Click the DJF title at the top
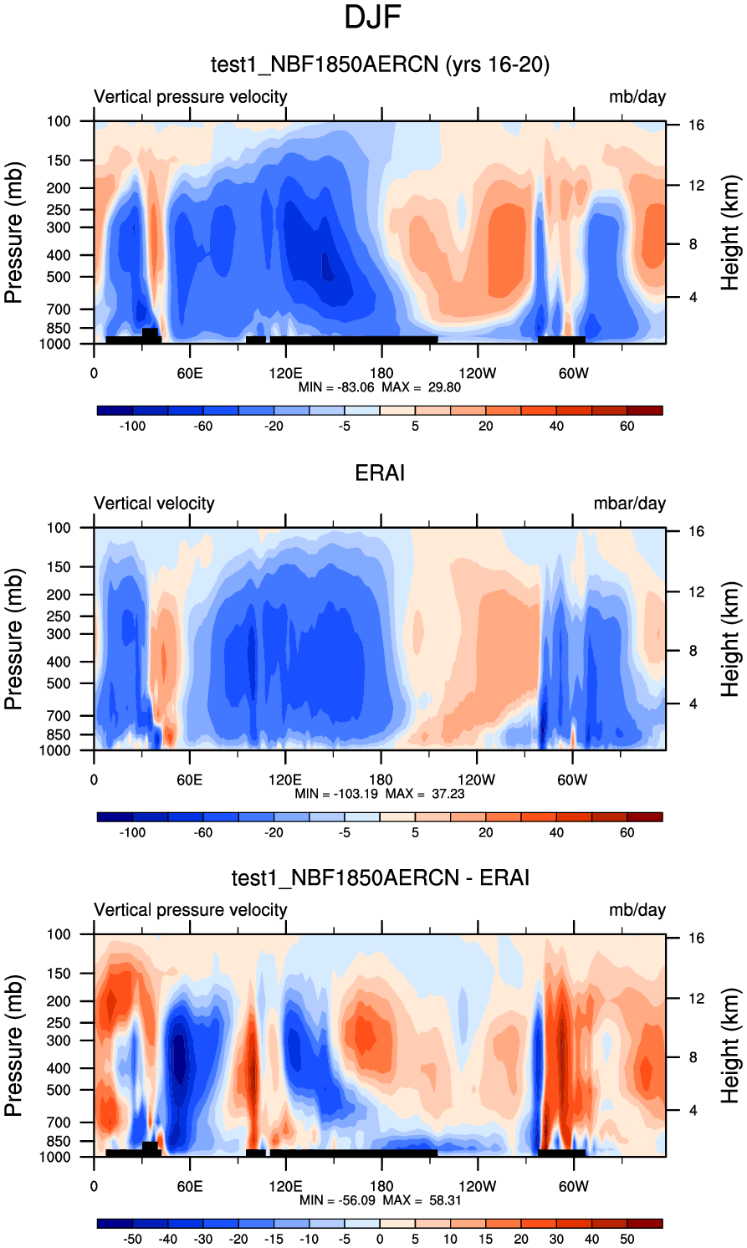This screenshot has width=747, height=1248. (x=373, y=18)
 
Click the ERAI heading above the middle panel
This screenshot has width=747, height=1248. (x=380, y=473)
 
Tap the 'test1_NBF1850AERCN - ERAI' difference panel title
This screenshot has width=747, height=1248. (x=380, y=877)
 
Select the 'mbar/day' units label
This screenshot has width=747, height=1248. (x=629, y=504)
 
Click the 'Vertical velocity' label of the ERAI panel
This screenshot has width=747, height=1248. (x=154, y=504)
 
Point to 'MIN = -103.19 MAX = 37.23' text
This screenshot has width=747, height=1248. (x=380, y=794)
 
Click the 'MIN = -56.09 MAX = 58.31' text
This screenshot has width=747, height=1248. (x=380, y=1200)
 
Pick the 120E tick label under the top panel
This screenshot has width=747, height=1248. (x=285, y=374)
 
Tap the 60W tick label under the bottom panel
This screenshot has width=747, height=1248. (x=573, y=1187)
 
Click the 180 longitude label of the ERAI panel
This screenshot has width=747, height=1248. (x=381, y=780)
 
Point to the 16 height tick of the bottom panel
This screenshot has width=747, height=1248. (x=696, y=939)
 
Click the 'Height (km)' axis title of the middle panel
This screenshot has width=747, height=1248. (x=730, y=639)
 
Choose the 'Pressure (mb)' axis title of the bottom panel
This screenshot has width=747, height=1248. (x=13, y=1046)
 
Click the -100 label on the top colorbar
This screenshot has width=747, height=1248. (x=132, y=427)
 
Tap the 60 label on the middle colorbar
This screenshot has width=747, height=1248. (x=627, y=833)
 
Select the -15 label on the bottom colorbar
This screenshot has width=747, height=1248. (x=274, y=1240)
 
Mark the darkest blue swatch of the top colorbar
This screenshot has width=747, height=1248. (x=115, y=411)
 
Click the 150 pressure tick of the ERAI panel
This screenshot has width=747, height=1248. (x=59, y=567)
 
